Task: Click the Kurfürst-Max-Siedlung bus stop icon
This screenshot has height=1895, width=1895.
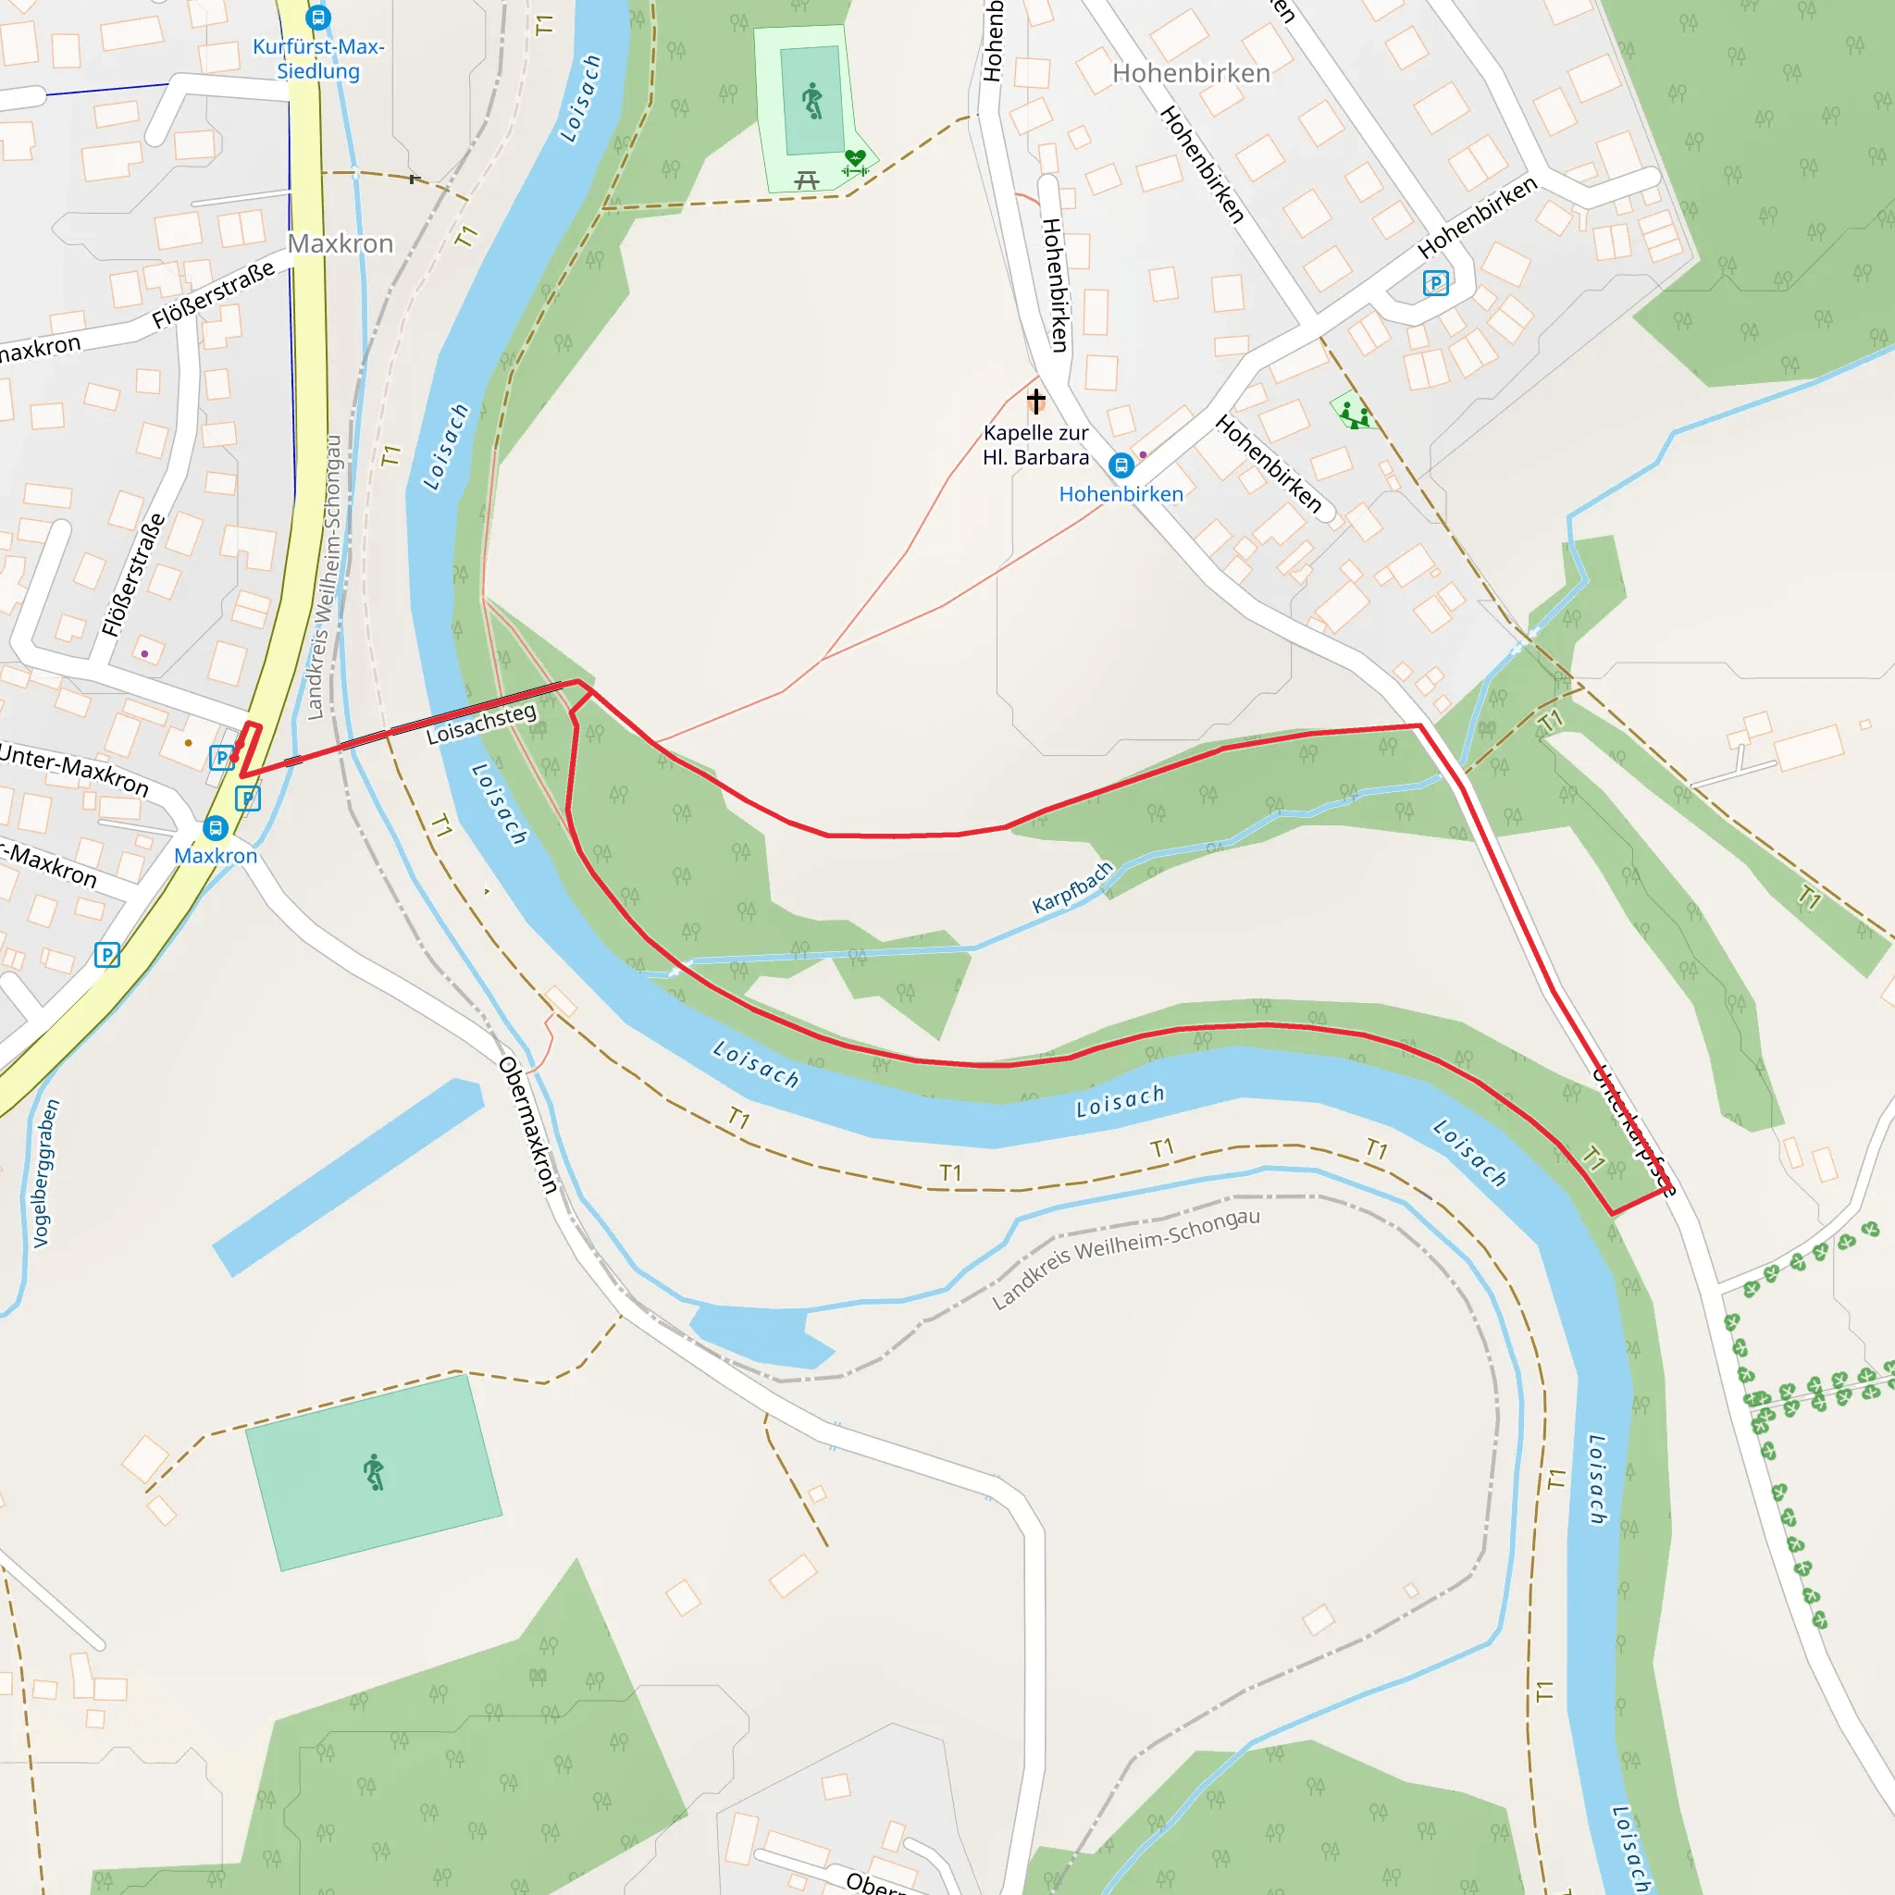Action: click(317, 18)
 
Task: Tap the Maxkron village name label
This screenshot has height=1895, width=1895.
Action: click(341, 243)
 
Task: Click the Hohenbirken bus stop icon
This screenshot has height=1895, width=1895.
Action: click(1121, 464)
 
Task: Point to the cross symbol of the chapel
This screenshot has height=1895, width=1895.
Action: click(1035, 400)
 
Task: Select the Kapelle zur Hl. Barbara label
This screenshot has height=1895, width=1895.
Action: click(1035, 445)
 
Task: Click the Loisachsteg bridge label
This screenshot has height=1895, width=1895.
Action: click(481, 723)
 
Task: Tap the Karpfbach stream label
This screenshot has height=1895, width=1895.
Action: click(1072, 886)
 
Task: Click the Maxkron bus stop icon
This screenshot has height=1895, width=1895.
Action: click(215, 828)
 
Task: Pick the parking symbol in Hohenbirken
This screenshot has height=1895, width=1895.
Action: click(1435, 283)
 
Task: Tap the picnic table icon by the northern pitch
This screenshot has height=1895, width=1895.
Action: click(806, 180)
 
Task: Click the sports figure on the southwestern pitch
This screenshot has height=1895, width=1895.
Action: click(374, 1472)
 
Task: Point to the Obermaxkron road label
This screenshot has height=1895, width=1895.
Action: click(527, 1125)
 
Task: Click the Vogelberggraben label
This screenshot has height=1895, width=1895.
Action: click(46, 1173)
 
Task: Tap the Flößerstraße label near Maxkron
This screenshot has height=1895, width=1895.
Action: click(213, 295)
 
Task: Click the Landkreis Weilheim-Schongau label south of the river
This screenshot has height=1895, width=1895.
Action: click(1125, 1258)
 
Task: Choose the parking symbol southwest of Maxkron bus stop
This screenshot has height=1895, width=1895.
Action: click(107, 954)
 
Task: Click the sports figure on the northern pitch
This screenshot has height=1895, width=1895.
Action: click(812, 101)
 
